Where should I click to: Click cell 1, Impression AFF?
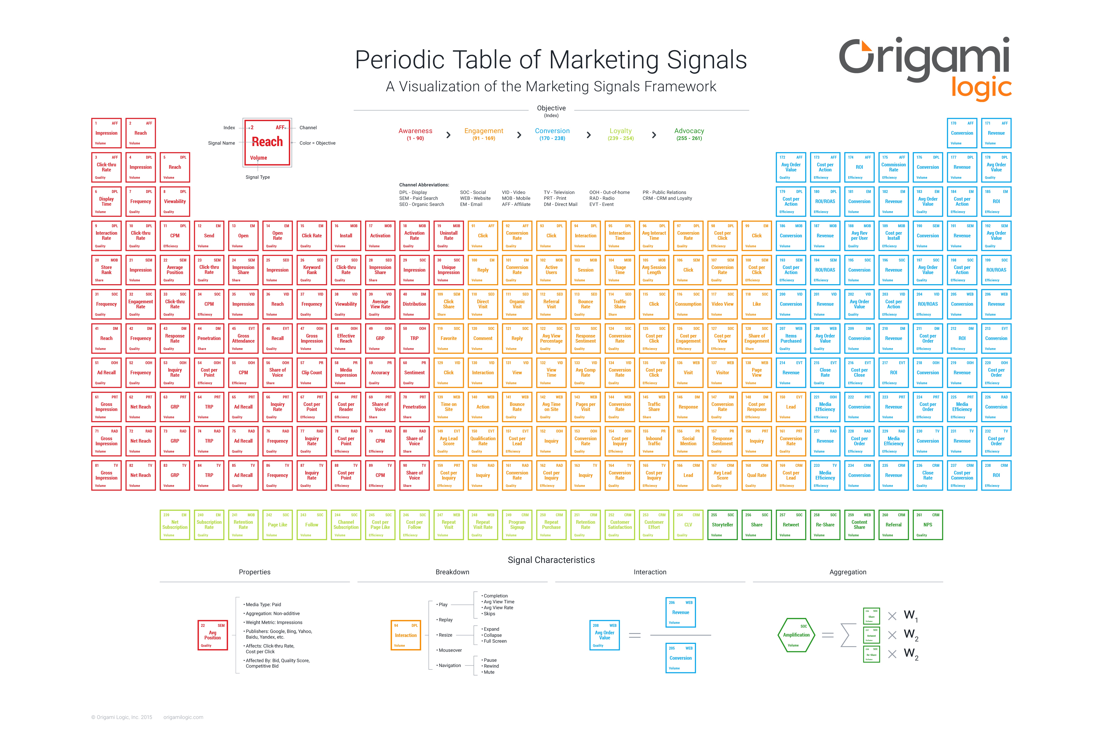point(106,133)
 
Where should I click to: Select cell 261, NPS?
point(928,525)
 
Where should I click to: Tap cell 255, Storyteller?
point(722,525)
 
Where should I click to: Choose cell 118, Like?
point(757,304)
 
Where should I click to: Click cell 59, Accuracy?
point(380,373)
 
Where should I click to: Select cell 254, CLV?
point(688,525)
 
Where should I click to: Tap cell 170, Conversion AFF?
point(962,133)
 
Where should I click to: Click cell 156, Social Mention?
point(688,441)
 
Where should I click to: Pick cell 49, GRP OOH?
point(380,338)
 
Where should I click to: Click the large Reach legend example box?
point(267,142)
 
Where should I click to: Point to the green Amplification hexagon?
point(796,635)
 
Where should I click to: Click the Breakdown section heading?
point(452,572)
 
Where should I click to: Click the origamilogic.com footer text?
point(183,717)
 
